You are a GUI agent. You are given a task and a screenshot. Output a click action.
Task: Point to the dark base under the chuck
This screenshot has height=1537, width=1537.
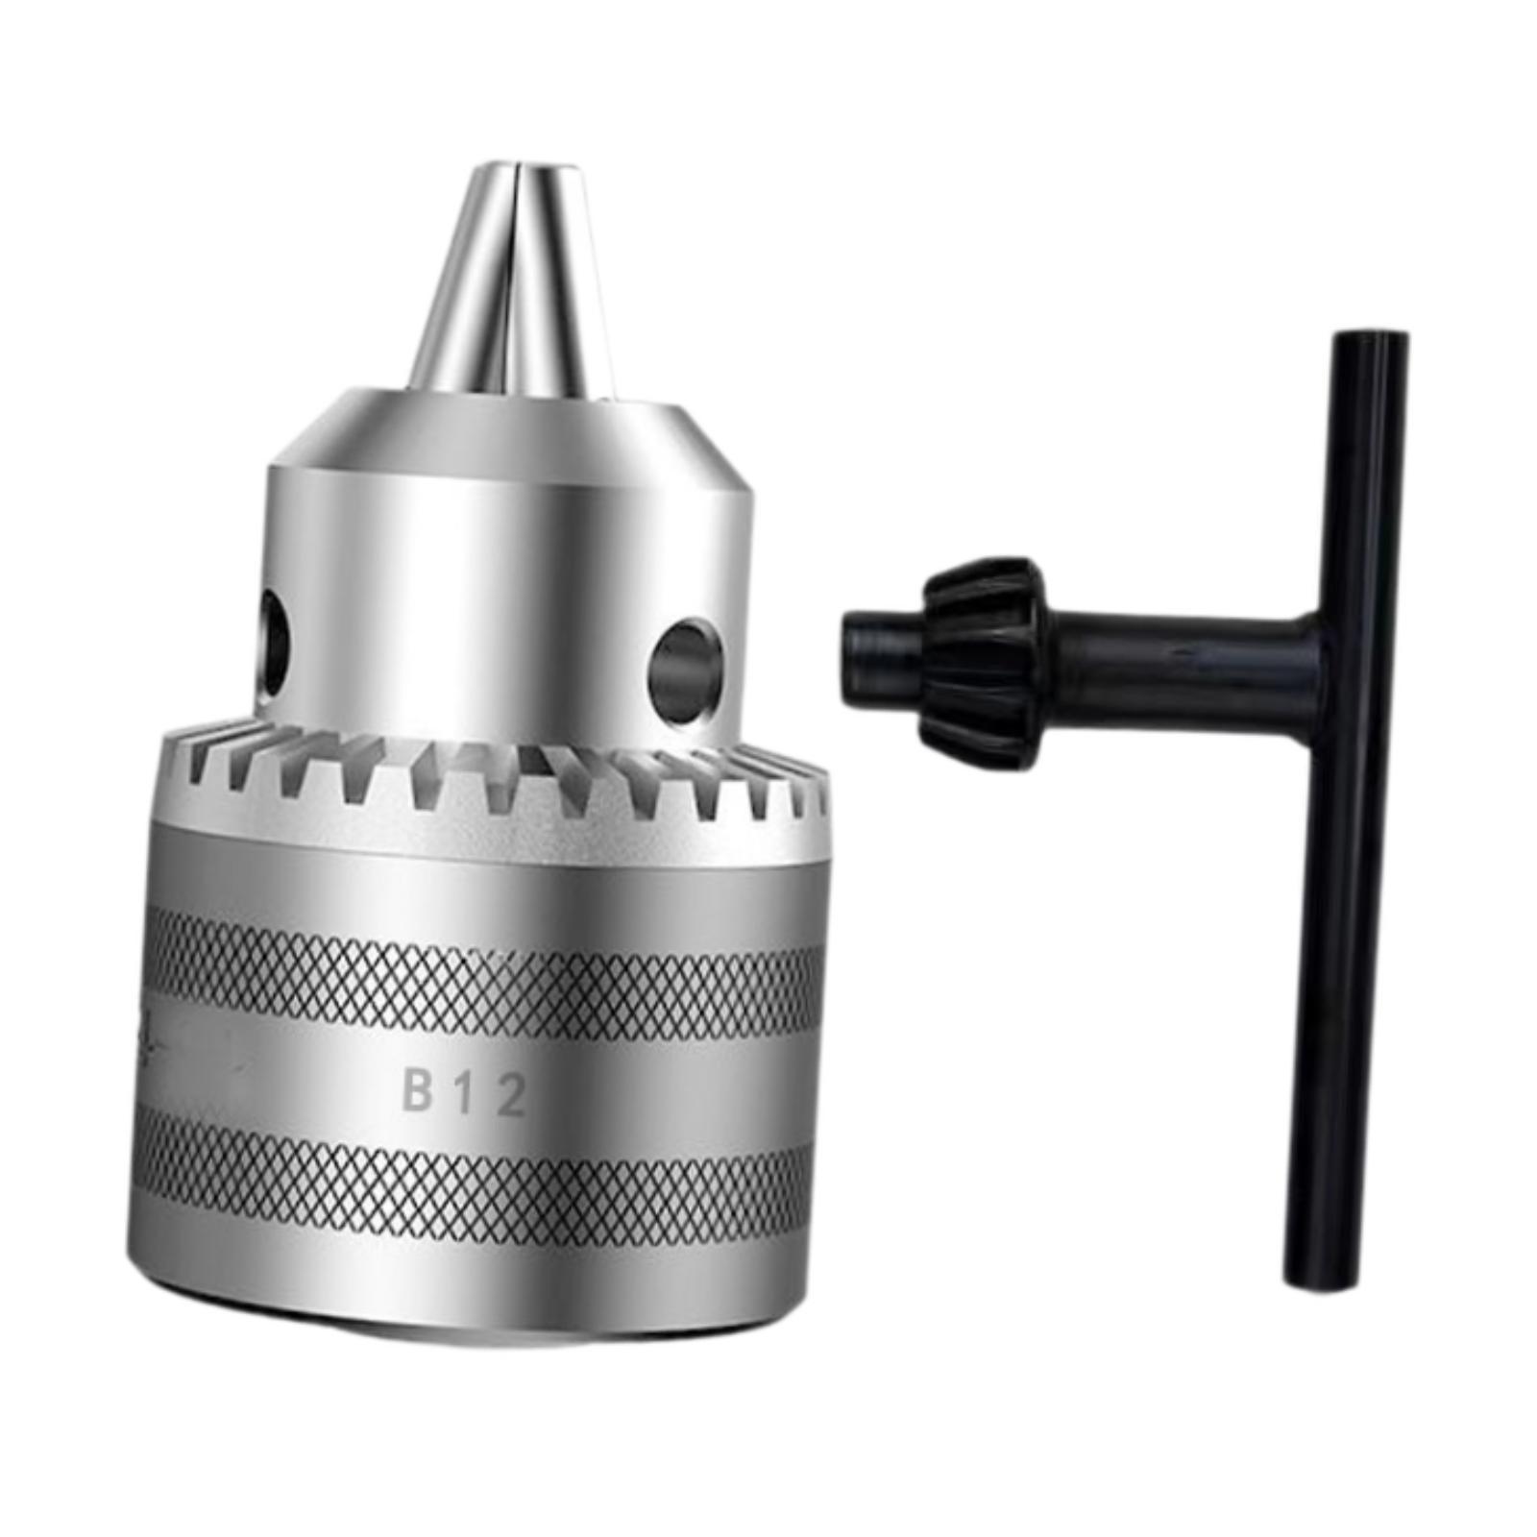[480, 1330]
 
